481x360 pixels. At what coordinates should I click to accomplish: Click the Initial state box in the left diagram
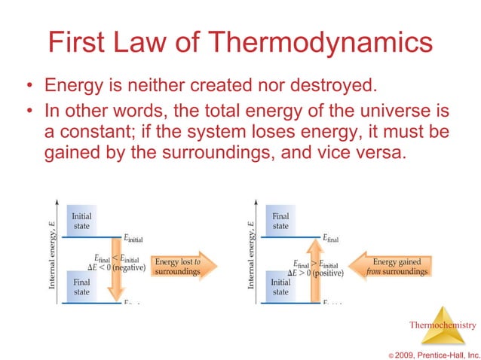point(81,221)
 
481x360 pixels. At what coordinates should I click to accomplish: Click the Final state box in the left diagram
point(81,287)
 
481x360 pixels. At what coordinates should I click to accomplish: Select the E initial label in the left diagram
point(130,239)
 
